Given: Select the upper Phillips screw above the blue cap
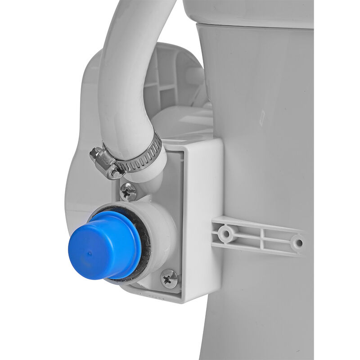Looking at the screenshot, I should click(x=129, y=192).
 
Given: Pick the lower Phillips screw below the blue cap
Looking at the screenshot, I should click(x=169, y=279).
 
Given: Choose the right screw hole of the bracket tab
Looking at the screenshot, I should click(x=297, y=243).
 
